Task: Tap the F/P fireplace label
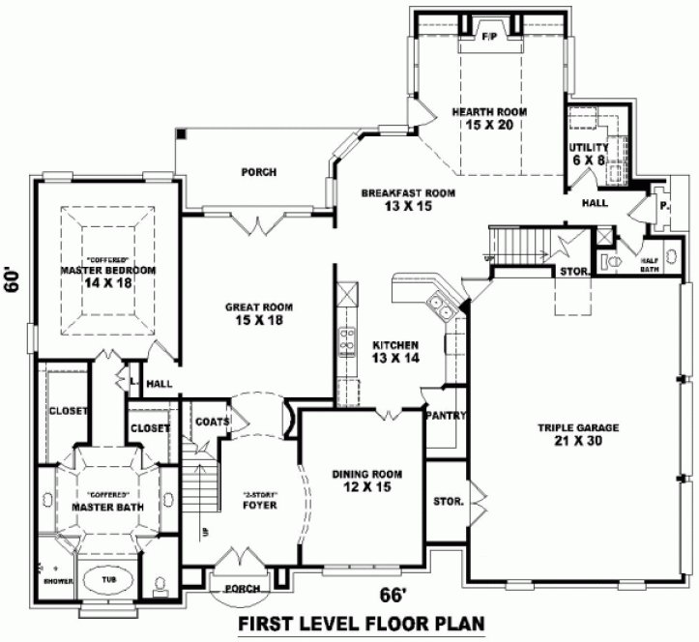[x=489, y=36]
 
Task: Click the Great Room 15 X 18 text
[x=259, y=314]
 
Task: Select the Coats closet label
[x=212, y=422]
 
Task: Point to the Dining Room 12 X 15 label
[x=366, y=481]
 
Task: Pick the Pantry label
[x=446, y=417]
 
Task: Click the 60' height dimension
[x=13, y=280]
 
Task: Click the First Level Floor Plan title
[x=361, y=624]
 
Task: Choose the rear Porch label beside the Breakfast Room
[x=258, y=172]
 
